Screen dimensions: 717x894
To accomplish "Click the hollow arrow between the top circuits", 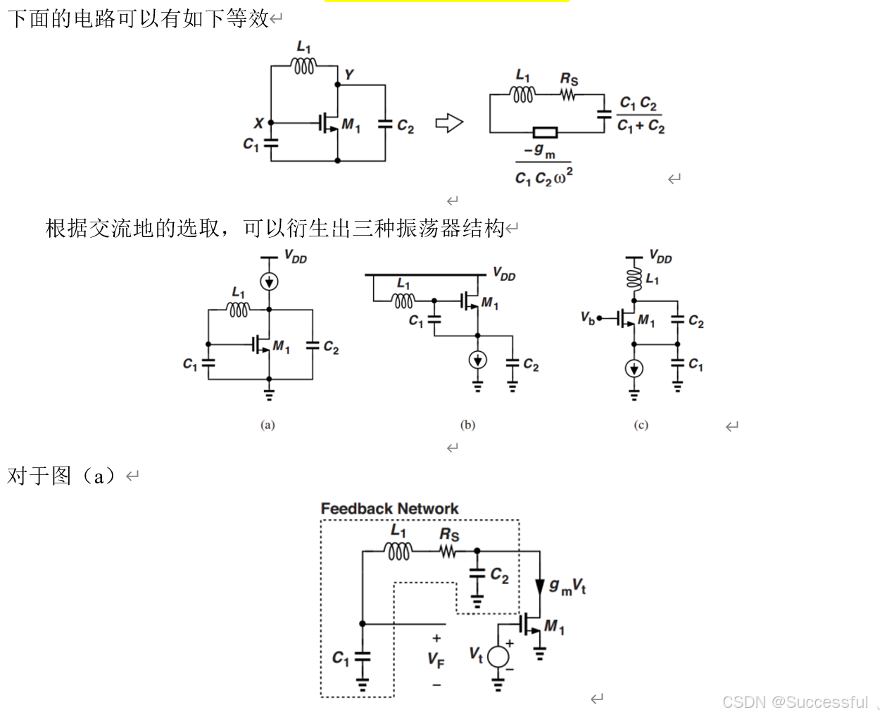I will [449, 123].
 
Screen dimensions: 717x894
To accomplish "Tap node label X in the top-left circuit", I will [258, 123].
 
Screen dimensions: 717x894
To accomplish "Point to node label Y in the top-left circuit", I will [348, 74].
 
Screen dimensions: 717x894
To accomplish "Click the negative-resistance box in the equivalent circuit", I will [545, 132].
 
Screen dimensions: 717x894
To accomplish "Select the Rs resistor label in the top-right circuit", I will [569, 79].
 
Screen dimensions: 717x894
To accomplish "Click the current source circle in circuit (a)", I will [269, 281].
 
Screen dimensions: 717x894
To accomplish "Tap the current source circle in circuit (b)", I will [477, 360].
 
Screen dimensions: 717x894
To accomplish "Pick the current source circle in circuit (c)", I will [634, 369].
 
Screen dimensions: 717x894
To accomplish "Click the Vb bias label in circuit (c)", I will [588, 318].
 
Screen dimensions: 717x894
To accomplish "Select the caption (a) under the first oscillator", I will [267, 424].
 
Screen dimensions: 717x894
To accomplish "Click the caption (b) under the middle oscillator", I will [467, 424].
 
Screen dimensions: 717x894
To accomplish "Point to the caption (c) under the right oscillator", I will [641, 424].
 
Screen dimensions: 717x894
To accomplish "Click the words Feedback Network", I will [389, 508].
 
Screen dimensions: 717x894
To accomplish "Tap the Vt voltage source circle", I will [498, 656].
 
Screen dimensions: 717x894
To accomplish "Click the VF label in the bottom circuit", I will [436, 659].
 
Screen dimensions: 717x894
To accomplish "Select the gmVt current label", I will [567, 585].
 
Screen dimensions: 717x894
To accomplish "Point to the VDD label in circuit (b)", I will [504, 274].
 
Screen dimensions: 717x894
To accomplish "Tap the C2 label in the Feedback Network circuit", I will [499, 576].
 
